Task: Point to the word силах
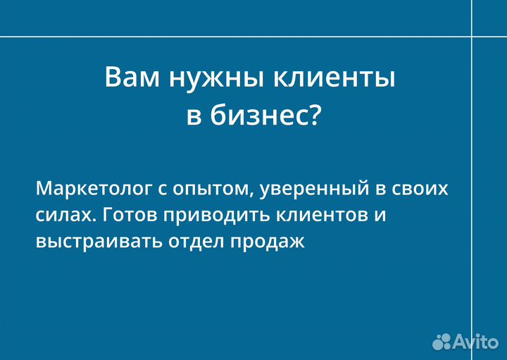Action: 61,216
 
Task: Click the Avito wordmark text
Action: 475,341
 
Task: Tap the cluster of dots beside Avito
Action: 442,341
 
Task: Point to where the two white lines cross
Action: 472,35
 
